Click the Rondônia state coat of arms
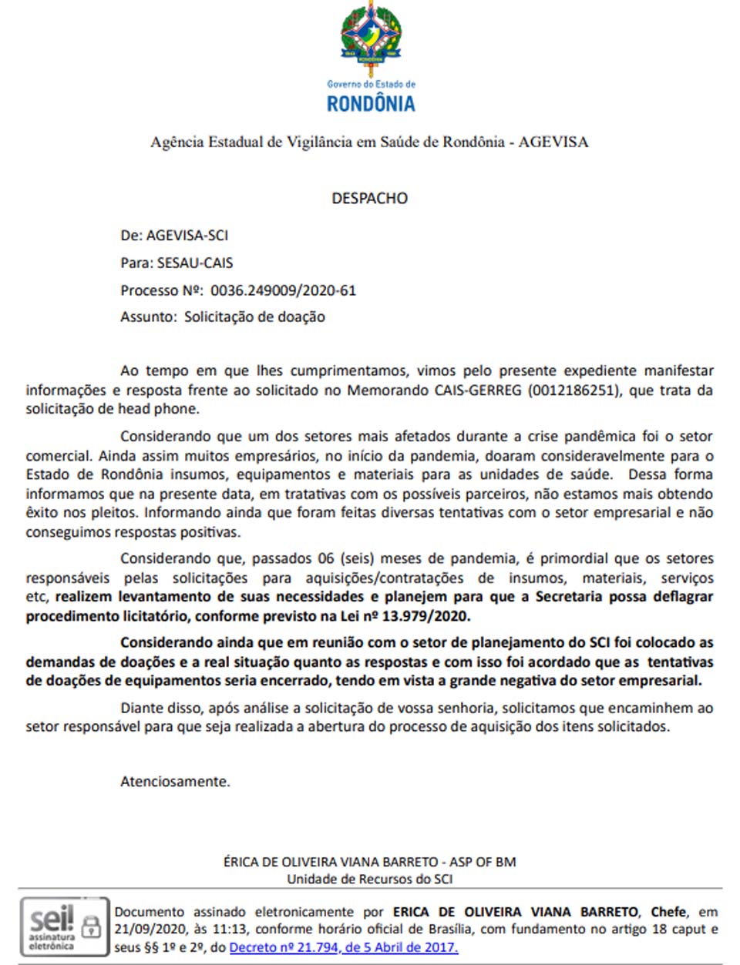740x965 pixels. tap(371, 39)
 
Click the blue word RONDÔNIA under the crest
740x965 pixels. tap(371, 104)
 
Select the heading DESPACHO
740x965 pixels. tap(369, 198)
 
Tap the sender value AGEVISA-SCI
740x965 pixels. tap(187, 236)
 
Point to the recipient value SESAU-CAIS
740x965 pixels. tap(195, 263)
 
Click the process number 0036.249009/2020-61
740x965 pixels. tap(283, 290)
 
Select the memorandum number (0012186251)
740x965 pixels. tap(573, 390)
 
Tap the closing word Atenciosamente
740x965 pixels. tap(175, 782)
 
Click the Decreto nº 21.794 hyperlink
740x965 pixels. tap(343, 947)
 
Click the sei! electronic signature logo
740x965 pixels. tap(52, 921)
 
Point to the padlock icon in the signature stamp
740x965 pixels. tap(91, 926)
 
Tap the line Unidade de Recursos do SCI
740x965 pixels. tap(369, 879)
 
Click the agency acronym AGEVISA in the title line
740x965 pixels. tap(553, 142)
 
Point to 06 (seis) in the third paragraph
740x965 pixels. tap(343, 559)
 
